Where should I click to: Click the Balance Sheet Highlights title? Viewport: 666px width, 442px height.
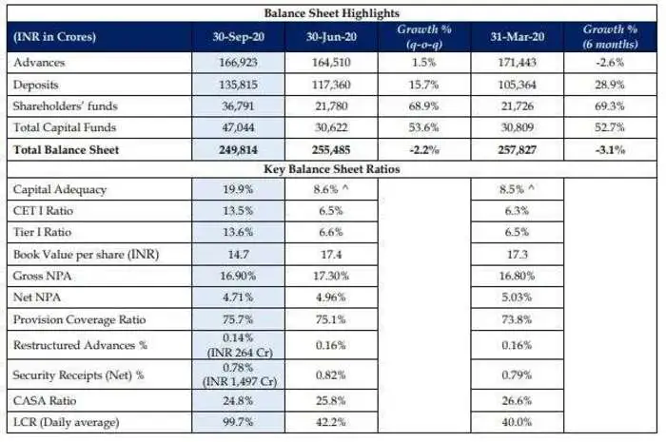click(331, 14)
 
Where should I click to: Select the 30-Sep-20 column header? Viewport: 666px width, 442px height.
click(238, 37)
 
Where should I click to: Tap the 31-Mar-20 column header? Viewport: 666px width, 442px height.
click(518, 37)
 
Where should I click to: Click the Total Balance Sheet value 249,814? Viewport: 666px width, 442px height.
click(238, 149)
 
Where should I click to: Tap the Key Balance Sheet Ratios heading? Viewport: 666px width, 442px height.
click(331, 168)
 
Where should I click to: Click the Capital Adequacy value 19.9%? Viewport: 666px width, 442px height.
click(238, 189)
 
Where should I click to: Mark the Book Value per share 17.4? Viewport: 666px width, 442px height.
click(331, 255)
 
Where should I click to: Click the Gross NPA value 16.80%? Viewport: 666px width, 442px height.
click(518, 276)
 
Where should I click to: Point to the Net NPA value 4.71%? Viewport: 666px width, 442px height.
click(238, 298)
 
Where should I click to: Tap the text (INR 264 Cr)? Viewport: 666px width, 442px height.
click(238, 349)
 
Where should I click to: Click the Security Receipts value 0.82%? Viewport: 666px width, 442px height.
click(331, 374)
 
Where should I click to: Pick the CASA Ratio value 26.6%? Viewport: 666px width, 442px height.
click(518, 400)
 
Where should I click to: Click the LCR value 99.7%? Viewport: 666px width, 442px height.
click(238, 422)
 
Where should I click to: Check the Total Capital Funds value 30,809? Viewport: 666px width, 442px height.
click(518, 126)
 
